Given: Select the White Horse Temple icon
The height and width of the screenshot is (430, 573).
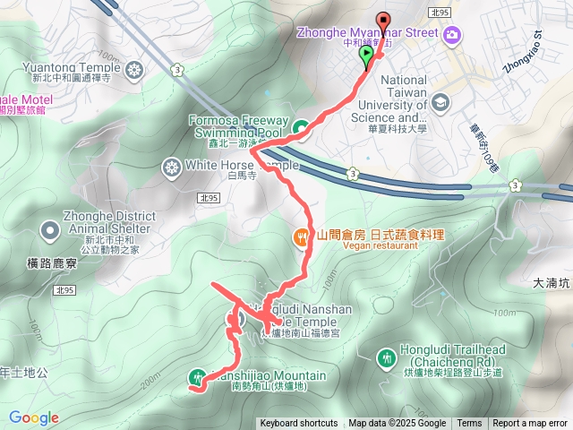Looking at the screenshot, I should point(171,167).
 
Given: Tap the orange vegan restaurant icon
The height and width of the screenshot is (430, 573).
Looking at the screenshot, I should point(301,236).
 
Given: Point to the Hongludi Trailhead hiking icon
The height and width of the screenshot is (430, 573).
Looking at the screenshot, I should point(387,357).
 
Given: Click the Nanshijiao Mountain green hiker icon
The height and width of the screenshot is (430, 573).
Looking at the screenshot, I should point(197,378).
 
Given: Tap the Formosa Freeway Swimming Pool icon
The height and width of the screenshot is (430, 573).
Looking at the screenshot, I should point(301,128).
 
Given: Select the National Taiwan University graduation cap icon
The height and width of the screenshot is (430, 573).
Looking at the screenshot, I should point(440,100).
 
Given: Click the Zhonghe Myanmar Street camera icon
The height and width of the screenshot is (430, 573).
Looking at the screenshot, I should point(453,34).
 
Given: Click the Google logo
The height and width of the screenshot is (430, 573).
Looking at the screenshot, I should point(34,417).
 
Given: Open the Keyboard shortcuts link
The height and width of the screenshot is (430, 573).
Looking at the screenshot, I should point(299,424).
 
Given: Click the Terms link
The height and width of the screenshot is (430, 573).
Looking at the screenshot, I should point(469,424).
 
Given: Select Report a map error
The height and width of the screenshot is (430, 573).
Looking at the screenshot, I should point(530,424).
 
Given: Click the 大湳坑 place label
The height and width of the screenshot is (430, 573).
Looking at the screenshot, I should point(551,283).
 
